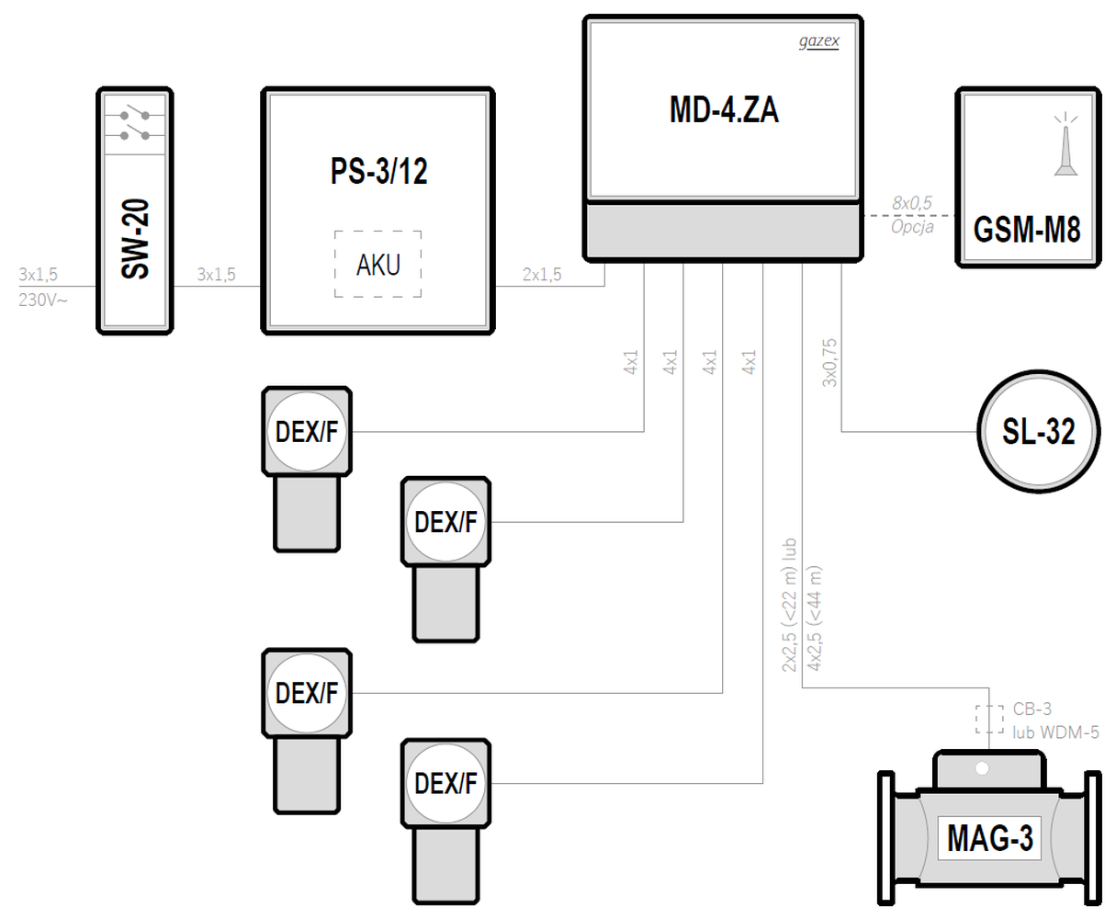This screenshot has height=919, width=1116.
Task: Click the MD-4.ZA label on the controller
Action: coord(723,110)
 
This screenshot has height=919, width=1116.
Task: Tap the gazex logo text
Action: coord(818,42)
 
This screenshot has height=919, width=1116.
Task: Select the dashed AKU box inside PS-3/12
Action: coord(378,264)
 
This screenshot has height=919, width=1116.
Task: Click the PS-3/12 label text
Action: coord(378,172)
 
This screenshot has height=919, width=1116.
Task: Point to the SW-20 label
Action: coord(135,242)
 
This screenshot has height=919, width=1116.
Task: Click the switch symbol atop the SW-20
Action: coord(135,124)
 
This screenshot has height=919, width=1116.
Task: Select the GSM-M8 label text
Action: coord(1027,229)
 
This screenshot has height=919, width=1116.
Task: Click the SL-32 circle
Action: coord(1038,431)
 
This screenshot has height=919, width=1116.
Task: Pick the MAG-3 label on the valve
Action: coord(989,838)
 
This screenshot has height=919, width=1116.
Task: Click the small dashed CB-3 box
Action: coord(989,719)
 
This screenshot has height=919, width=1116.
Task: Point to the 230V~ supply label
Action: coord(43,299)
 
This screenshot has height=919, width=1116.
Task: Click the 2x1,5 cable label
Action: coord(542,274)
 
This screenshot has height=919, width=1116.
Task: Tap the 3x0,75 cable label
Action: coord(829,363)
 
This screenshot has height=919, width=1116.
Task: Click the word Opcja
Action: coord(911,226)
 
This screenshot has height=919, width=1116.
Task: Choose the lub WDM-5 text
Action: coord(1055,732)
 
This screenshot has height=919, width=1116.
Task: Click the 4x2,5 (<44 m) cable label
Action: coord(814,618)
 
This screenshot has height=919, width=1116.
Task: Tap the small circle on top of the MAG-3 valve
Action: coord(981,767)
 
